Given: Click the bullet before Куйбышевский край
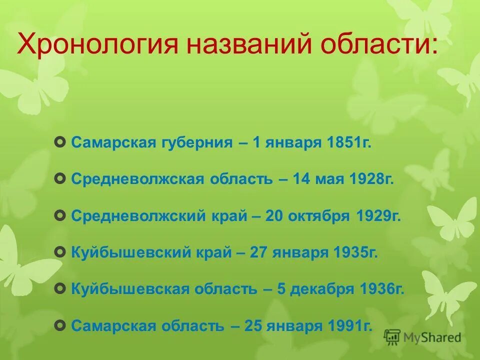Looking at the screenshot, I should (x=60, y=253).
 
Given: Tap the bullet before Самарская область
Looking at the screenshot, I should (x=60, y=326).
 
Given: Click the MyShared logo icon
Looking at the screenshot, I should (x=392, y=337).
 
